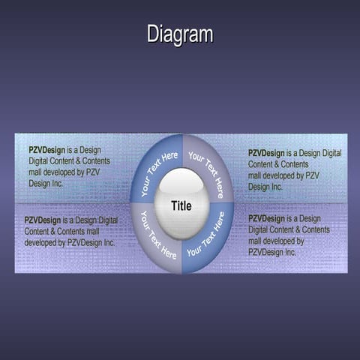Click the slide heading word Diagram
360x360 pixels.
pos(179,34)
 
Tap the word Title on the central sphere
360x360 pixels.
pos(181,205)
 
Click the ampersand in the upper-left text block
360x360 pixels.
pos(85,161)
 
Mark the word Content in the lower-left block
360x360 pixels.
pos(37,232)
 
